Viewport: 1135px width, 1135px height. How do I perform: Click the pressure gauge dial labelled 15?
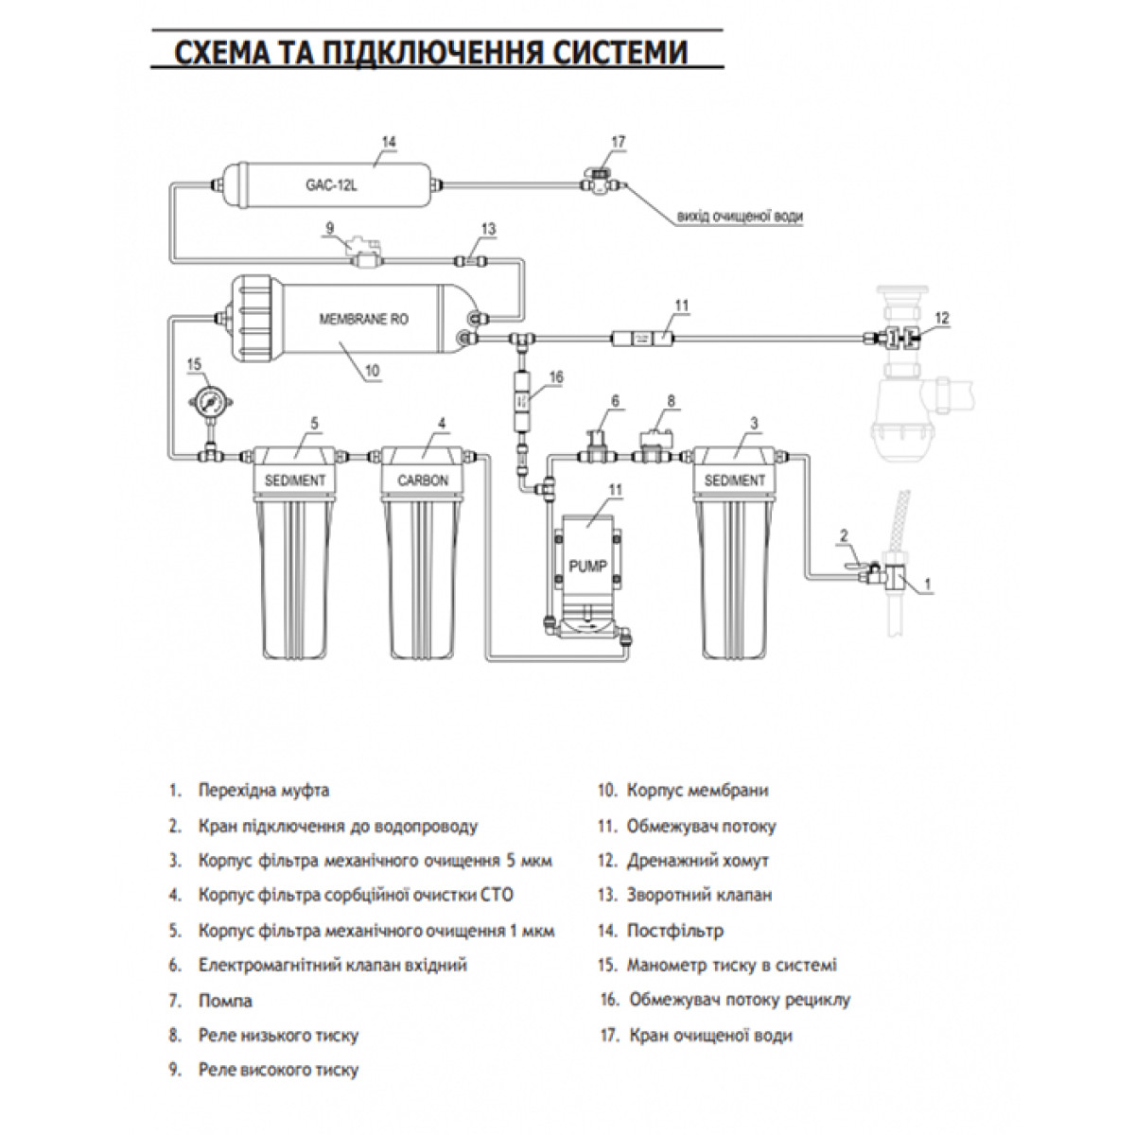(210, 403)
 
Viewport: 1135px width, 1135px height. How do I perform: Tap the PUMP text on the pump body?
(587, 566)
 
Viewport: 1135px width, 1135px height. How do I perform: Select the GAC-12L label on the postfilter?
(331, 185)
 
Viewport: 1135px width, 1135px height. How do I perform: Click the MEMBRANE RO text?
(363, 320)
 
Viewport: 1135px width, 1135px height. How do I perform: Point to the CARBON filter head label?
(422, 480)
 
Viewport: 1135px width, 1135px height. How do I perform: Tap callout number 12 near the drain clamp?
(942, 318)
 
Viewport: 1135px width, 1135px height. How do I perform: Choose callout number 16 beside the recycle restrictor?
(555, 376)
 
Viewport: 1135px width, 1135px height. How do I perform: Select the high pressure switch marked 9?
(364, 253)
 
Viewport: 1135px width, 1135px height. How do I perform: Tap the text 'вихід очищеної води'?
(740, 217)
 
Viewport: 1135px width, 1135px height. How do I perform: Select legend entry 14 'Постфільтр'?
(661, 931)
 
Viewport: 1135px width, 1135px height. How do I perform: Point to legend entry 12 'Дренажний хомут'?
(683, 861)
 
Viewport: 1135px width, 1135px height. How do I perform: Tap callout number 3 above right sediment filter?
(754, 423)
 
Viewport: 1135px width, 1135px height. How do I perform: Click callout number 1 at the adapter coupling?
(928, 585)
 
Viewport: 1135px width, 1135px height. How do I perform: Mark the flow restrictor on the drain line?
(642, 339)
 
